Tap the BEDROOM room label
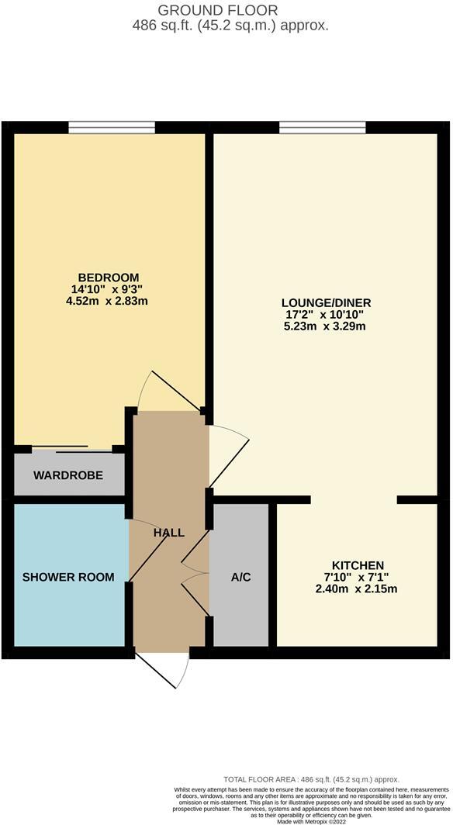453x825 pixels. click(x=108, y=278)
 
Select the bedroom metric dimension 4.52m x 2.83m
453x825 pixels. click(x=108, y=301)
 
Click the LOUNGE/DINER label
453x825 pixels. click(x=327, y=302)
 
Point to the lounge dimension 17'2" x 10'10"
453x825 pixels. click(x=327, y=314)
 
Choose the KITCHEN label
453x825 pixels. click(x=358, y=565)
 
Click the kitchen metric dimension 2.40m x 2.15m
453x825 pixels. click(x=358, y=589)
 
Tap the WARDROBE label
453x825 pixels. click(x=67, y=475)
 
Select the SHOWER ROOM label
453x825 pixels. click(x=67, y=577)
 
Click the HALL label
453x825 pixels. click(x=168, y=533)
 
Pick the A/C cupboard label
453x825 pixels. click(x=241, y=578)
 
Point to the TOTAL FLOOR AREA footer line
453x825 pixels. click(x=310, y=779)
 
